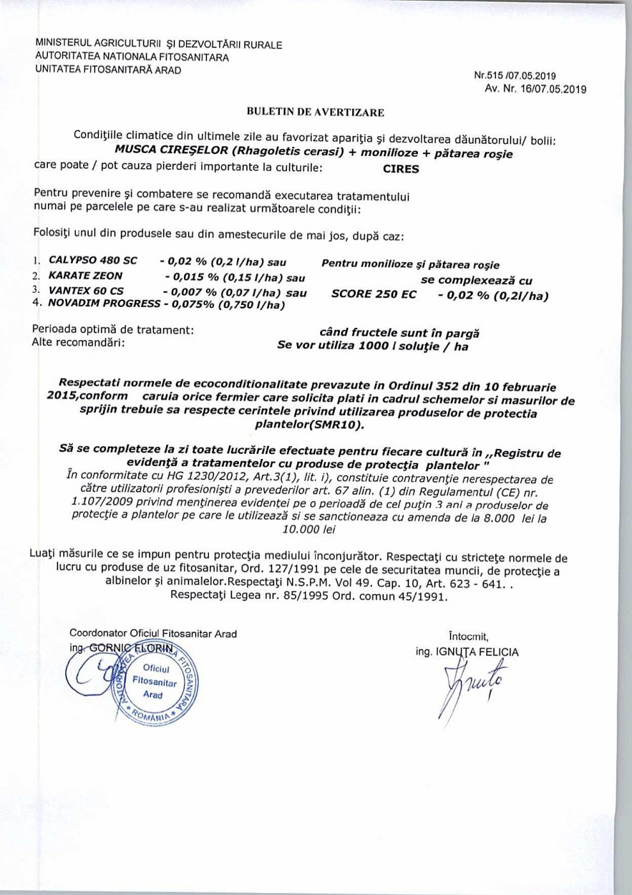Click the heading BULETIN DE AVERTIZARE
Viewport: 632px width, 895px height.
coord(315,113)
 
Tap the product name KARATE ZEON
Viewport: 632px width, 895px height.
coord(86,276)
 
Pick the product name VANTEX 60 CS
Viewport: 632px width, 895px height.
coord(86,291)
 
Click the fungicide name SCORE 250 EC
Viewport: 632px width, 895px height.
coord(374,294)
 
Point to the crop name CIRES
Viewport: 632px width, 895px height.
coord(401,169)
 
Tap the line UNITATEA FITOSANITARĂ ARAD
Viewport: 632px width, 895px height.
coord(108,70)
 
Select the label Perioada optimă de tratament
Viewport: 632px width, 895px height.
coord(113,330)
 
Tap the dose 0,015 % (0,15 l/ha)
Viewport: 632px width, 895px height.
coord(235,278)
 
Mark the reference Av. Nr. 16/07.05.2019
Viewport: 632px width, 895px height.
coord(536,89)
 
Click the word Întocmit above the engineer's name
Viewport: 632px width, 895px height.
coord(468,636)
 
